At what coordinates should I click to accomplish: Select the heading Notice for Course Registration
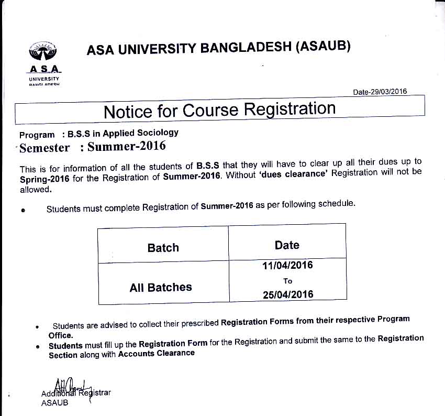pos(219,111)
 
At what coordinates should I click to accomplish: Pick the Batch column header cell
pos(163,248)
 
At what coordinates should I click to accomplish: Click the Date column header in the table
pos(287,245)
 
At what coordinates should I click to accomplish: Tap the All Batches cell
pos(161,287)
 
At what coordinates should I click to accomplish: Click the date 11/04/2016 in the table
pos(287,266)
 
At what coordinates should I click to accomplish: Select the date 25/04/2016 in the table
pos(288,294)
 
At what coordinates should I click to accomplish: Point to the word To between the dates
pos(287,281)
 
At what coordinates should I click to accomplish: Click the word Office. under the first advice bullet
pos(61,335)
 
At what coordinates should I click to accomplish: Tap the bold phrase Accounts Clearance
pos(157,354)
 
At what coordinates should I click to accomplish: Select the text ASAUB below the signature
pos(54,403)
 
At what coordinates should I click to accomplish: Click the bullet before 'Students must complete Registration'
pos(23,210)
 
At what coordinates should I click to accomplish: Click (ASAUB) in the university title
pos(323,46)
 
